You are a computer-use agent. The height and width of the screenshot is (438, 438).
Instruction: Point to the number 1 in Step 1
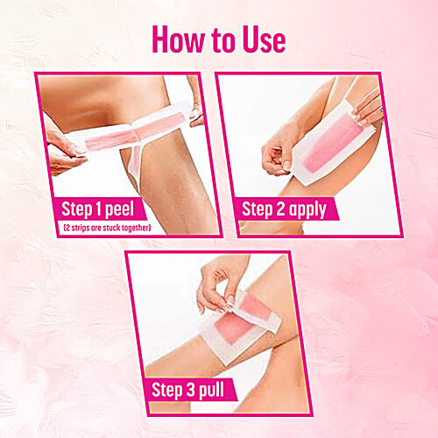107,209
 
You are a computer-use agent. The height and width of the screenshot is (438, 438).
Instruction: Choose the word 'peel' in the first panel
135,210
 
